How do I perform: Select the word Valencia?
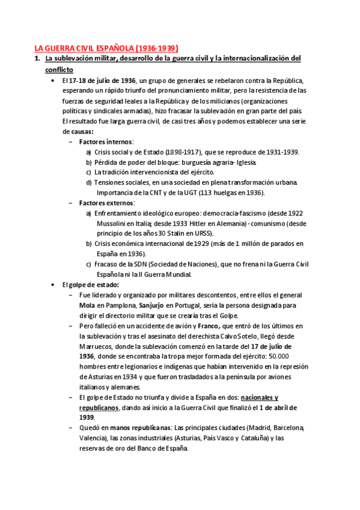pyautogui.click(x=96, y=438)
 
